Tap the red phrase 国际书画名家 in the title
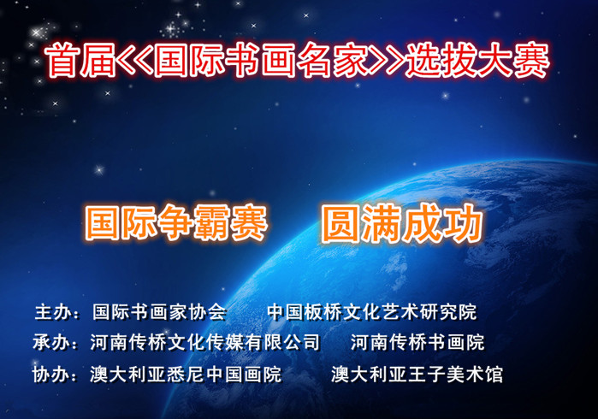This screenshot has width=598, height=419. point(263,60)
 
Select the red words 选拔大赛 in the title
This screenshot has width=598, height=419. point(477,60)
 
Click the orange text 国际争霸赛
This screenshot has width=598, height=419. point(175,222)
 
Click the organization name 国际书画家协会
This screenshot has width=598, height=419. point(160,312)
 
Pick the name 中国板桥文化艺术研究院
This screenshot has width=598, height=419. point(372,312)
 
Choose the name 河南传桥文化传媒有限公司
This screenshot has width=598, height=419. point(205,342)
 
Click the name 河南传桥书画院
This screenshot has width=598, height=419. point(417,342)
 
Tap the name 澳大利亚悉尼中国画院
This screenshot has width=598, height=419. point(187,374)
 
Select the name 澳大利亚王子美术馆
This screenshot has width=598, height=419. point(417,374)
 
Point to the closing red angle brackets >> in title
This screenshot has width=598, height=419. point(388,60)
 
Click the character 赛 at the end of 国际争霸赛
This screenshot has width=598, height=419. point(249,222)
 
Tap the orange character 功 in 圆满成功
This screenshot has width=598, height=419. point(464,223)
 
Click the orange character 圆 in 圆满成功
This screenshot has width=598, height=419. point(340,223)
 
